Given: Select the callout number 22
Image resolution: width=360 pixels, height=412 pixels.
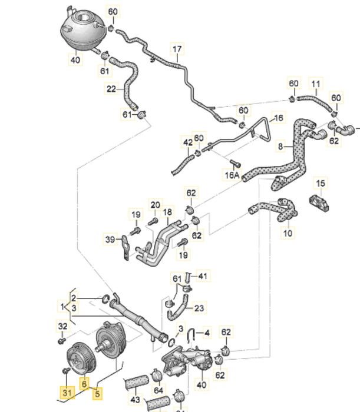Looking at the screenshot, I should point(111,89).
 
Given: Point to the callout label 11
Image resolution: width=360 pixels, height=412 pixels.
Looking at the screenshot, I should point(316,84).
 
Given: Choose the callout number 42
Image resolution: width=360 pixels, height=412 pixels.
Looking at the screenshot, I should point(187,142).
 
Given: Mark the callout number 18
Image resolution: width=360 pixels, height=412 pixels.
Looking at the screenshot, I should point(168,212).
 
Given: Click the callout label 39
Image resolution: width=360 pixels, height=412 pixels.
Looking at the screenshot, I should point(110,239).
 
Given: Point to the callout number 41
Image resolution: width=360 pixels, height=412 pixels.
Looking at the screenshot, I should point(203,275).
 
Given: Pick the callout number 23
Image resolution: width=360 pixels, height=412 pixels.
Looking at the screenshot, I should point(199,307).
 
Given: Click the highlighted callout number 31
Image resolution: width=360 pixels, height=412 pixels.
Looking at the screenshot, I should point(66,391).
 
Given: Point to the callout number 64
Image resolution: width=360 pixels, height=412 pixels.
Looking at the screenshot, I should point(158,390).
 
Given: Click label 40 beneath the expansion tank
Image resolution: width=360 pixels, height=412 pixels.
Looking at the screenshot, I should point(75,59).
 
